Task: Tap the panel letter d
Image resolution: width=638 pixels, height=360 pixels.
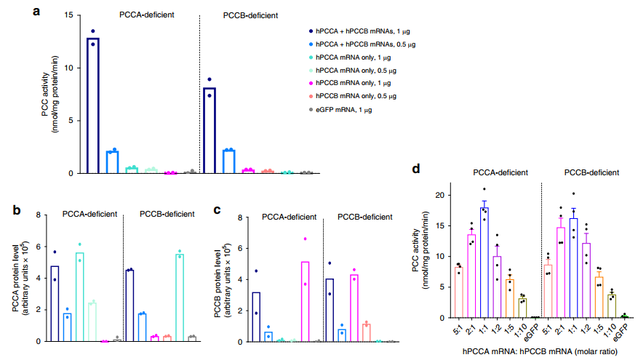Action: click(417, 169)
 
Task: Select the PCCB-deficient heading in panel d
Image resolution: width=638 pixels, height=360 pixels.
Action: click(591, 173)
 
